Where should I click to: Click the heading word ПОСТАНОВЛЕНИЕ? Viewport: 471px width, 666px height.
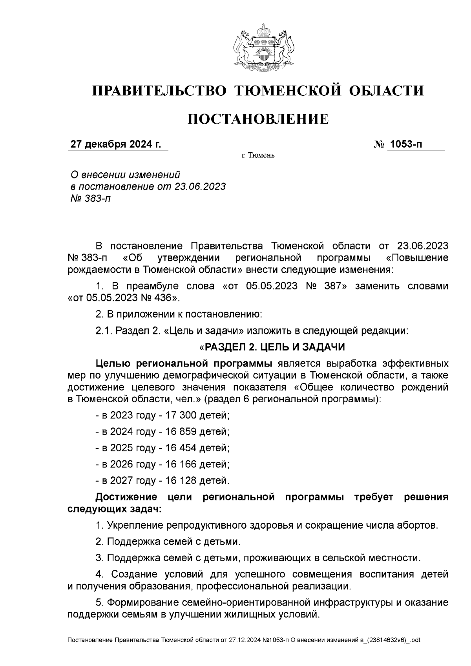click(x=258, y=119)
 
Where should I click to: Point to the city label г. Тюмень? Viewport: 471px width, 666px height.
click(x=258, y=156)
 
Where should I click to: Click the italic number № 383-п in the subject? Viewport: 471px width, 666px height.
click(x=90, y=199)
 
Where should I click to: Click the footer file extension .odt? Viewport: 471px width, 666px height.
click(x=414, y=640)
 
